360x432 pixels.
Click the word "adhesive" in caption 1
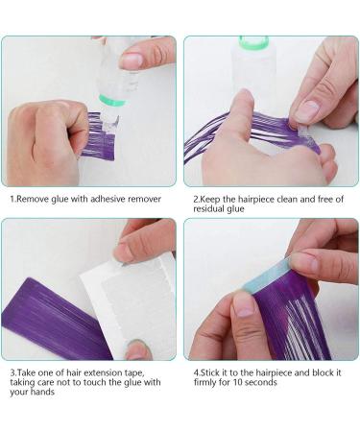(x=108, y=199)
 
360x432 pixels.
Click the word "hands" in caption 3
(x=43, y=392)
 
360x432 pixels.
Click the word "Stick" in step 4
(x=209, y=372)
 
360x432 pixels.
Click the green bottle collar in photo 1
(x=112, y=100)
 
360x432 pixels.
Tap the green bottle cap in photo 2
(x=253, y=42)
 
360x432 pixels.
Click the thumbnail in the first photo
(x=132, y=60)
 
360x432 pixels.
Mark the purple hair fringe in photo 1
(x=99, y=136)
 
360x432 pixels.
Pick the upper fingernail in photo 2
(x=307, y=111)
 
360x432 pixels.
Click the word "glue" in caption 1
(x=60, y=200)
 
